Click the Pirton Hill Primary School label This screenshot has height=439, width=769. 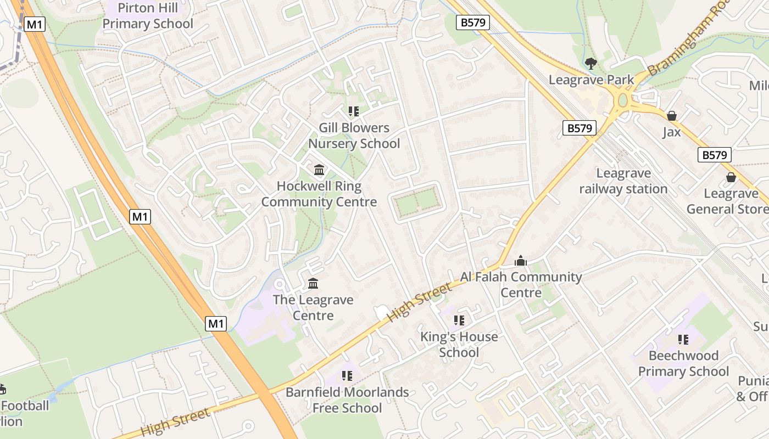[148, 16]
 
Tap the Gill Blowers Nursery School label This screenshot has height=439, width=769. [354, 136]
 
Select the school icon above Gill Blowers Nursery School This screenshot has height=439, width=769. [354, 111]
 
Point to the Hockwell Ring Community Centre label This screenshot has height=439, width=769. [319, 194]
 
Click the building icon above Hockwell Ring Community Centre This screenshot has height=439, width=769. [319, 170]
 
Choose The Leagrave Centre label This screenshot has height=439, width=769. [313, 307]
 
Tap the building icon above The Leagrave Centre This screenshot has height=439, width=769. [313, 284]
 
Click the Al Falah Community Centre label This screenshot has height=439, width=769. [521, 284]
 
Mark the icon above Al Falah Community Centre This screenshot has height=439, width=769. [521, 261]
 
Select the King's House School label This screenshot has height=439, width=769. [459, 344]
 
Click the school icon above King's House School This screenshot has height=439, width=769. [459, 320]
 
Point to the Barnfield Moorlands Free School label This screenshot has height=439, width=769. [347, 400]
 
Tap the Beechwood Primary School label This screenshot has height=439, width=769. [683, 363]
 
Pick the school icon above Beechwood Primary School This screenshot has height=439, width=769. [683, 340]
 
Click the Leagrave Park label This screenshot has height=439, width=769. [591, 80]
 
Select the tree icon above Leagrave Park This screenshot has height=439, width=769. [591, 64]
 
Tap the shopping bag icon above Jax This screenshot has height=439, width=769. [671, 116]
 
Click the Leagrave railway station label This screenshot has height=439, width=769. [623, 181]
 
